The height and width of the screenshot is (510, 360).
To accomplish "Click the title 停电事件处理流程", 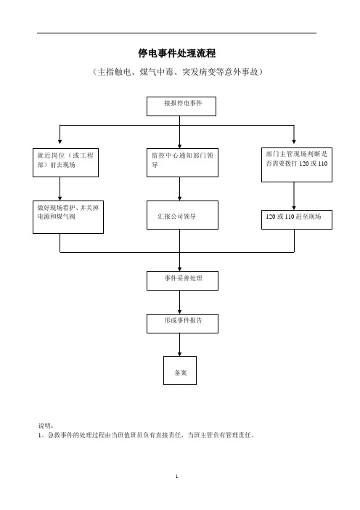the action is [177, 53].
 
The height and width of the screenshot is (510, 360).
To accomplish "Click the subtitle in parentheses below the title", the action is [177, 71].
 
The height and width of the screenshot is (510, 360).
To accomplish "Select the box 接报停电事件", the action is [181, 106].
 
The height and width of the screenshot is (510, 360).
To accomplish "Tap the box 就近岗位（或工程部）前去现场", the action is [65, 163].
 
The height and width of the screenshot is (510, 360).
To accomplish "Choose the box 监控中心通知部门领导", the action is [182, 163].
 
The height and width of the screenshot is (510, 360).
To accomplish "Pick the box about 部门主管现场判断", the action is [297, 165].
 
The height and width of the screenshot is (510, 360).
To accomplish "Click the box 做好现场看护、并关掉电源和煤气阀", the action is [68, 217].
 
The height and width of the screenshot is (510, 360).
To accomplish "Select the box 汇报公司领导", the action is [182, 215].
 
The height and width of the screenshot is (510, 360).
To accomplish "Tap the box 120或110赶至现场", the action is [297, 219].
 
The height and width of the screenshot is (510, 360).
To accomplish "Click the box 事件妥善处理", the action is [182, 280].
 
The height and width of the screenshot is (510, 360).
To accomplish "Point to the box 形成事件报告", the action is [182, 323].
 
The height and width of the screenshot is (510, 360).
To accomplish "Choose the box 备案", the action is [180, 371].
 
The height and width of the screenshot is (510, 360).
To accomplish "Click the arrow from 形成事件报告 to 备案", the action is [180, 345].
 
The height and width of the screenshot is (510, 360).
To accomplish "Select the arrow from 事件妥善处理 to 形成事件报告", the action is [180, 302].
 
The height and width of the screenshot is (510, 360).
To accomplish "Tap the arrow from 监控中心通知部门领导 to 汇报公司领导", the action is [180, 189].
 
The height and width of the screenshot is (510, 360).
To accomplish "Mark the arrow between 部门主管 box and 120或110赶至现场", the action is [294, 196].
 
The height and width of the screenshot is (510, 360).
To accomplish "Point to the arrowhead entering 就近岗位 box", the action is [60, 142].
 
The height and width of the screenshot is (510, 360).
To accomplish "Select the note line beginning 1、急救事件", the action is [146, 435].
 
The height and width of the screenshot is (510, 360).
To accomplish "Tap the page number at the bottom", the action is [177, 477].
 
